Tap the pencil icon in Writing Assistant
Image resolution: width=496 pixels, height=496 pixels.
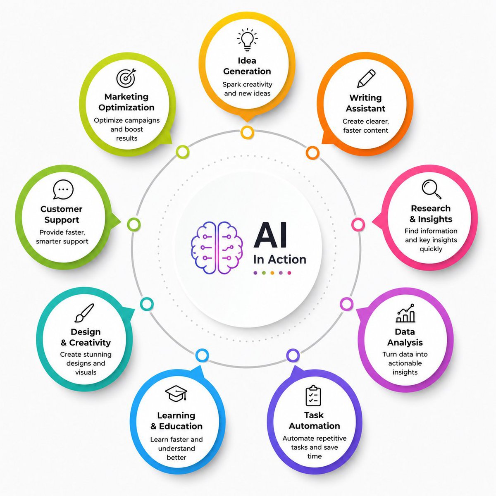coord(366,78)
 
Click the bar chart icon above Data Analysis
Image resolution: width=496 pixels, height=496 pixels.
coord(405,313)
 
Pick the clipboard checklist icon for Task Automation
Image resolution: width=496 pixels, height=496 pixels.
coord(313,396)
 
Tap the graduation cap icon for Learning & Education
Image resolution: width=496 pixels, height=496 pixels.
coord(176,393)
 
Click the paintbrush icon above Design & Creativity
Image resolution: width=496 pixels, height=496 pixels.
coord(84,313)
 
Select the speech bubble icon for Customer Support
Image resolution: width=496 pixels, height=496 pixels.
coord(63,189)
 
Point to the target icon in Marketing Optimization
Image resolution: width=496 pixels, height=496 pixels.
coord(126,78)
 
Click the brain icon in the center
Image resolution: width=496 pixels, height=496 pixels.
coord(217,248)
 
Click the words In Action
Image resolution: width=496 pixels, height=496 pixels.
coord(279,260)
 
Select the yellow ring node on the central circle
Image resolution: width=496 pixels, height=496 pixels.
coord(247,133)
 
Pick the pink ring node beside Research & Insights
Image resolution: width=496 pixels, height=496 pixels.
coord(358,224)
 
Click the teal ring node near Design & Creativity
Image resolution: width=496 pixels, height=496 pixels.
coord(147,304)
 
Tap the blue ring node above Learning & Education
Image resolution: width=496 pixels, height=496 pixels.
coord(202,355)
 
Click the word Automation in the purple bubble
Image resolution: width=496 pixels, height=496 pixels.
coord(314,426)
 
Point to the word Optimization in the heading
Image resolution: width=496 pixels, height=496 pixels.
coord(126,107)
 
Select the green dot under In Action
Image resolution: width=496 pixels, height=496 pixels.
coord(264,273)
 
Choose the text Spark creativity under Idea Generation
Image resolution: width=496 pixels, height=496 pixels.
coord(247,84)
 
